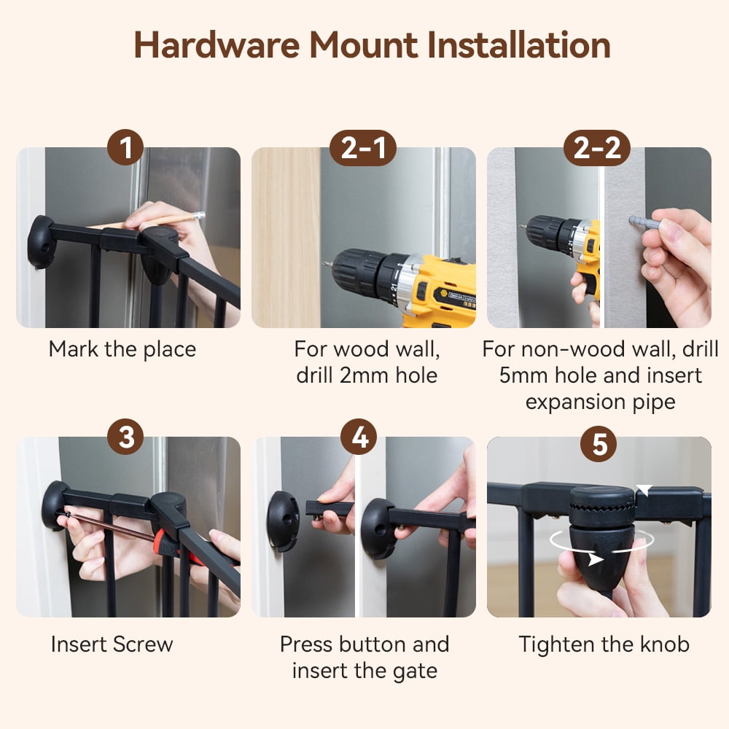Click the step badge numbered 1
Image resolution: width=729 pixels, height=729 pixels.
click(x=125, y=147)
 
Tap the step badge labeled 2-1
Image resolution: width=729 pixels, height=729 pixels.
click(x=363, y=148)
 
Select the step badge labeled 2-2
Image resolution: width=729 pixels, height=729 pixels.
click(x=597, y=148)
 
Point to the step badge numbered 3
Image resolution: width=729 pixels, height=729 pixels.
click(x=125, y=437)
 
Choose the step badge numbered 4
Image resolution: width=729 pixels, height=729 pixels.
click(x=359, y=437)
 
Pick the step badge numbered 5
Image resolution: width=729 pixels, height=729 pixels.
click(x=599, y=443)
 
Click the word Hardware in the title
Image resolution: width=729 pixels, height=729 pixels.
click(x=217, y=45)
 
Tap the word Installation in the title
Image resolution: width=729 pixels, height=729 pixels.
click(x=518, y=45)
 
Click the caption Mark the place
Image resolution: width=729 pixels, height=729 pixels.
click(x=122, y=350)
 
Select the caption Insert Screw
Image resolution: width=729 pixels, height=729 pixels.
click(x=112, y=644)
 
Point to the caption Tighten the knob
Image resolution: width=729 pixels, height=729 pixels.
click(x=604, y=644)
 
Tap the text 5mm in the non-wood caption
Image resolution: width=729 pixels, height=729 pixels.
click(x=523, y=375)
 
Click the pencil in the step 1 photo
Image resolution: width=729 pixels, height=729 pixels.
click(x=153, y=222)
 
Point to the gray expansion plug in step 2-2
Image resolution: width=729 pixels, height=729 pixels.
click(x=644, y=222)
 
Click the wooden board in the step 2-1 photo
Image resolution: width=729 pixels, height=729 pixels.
click(x=286, y=238)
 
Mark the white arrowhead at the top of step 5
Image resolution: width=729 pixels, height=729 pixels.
click(x=644, y=490)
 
